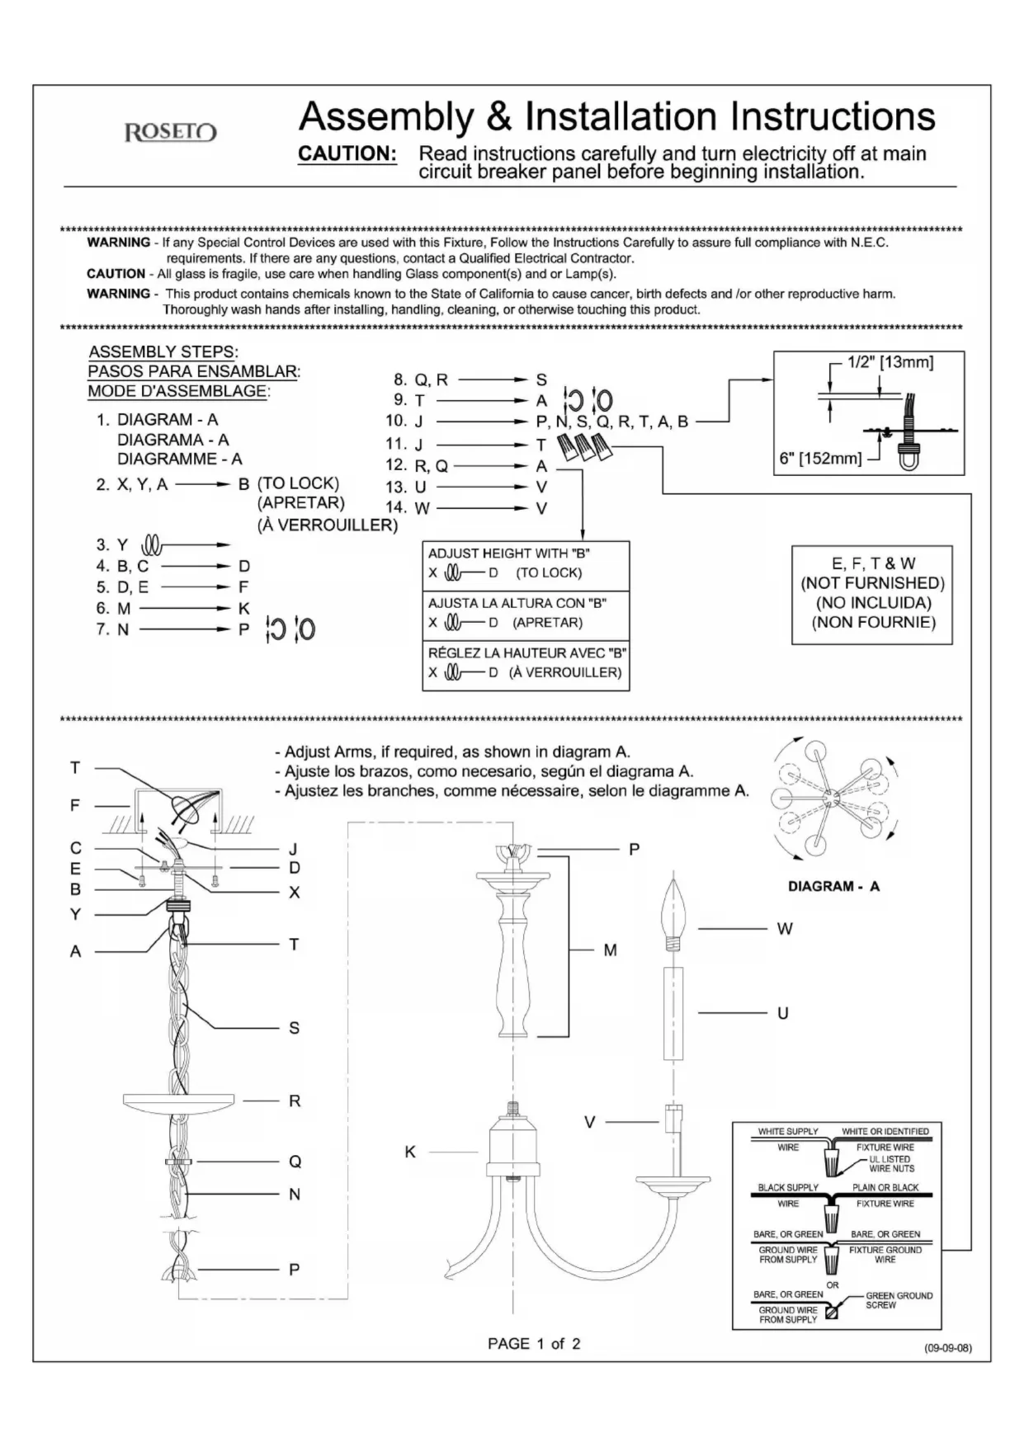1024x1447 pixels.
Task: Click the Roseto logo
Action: coord(171,132)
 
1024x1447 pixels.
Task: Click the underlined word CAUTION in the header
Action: coord(347,154)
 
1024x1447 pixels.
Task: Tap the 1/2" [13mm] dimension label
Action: coord(890,362)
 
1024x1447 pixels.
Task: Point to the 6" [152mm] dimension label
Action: coord(820,458)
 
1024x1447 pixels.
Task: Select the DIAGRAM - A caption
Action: coord(833,887)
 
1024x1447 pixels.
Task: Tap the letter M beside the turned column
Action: coord(610,950)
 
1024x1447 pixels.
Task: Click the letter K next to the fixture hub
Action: coord(410,1152)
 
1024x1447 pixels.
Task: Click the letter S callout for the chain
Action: coord(294,1028)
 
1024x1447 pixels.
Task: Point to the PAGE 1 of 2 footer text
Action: coord(534,1344)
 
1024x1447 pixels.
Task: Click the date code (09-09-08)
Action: coord(947,1348)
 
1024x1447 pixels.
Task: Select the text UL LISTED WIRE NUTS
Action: coord(891,1164)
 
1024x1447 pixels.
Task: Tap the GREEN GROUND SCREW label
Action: coord(899,1300)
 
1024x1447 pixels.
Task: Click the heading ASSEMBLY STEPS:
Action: coord(163,352)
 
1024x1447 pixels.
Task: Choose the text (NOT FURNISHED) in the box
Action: coord(873,583)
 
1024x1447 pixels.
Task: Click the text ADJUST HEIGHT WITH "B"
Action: coord(509,554)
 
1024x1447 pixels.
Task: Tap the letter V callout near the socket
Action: coord(589,1122)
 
